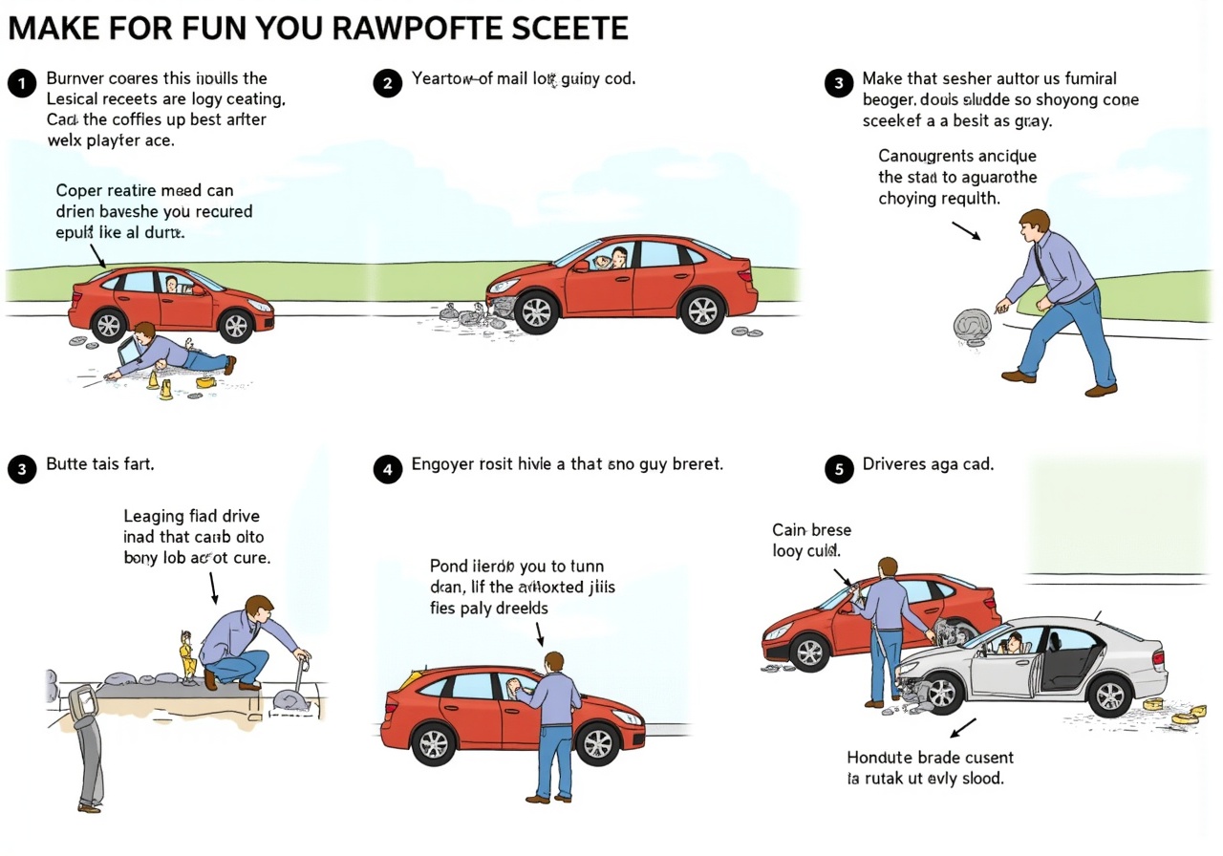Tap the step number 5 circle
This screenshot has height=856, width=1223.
839,469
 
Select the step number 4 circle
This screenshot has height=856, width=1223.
387,469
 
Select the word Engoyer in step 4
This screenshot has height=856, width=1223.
442,465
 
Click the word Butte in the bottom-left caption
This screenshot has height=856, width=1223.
67,465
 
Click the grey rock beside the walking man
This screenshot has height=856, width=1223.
972,326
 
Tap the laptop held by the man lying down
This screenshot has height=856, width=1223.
128,353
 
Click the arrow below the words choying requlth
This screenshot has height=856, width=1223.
966,231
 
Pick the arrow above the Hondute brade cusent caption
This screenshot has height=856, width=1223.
967,727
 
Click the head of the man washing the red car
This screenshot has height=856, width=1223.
554,662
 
